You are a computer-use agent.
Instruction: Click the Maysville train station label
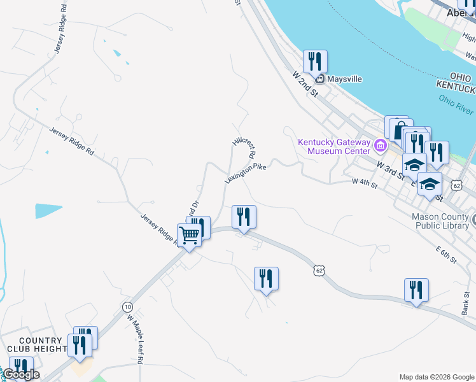click(344, 79)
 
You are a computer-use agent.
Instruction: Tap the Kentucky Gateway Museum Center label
click(334, 146)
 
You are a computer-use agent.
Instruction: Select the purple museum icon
click(381, 146)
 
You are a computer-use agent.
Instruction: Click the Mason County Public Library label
click(440, 220)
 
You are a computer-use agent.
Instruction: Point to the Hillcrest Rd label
click(244, 146)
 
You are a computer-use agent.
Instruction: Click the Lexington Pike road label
click(245, 173)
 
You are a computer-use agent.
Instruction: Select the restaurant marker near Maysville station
click(315, 62)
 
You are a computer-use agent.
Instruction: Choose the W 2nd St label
click(305, 84)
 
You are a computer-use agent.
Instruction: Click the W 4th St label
click(365, 182)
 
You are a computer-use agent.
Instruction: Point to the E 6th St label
click(447, 256)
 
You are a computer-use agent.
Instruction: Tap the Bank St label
click(466, 307)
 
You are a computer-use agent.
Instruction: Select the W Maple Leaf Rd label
click(136, 337)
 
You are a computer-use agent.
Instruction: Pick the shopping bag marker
click(396, 127)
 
